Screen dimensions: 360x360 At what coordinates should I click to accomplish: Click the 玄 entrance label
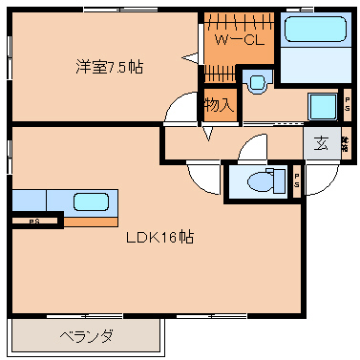[321, 144]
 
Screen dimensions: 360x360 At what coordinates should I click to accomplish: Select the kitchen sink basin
[91, 201]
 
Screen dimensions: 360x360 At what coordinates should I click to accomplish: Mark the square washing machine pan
[322, 106]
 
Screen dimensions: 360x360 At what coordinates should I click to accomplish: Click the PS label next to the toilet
[297, 180]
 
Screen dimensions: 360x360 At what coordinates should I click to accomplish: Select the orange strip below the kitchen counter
[91, 221]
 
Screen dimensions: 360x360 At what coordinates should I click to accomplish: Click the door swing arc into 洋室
[179, 112]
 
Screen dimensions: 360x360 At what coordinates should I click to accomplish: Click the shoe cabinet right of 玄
[345, 144]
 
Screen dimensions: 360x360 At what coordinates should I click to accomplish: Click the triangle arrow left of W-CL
[207, 56]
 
